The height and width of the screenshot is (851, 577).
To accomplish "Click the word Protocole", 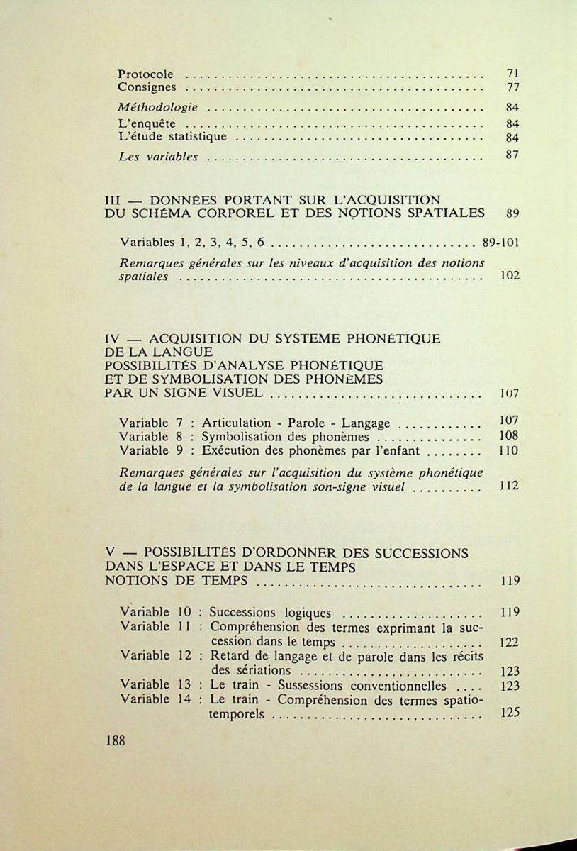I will point(145,74).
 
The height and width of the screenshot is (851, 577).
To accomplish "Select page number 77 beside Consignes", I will point(513,88).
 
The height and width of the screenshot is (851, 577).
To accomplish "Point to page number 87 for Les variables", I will point(513,156).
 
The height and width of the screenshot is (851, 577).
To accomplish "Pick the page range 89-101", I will point(500,242).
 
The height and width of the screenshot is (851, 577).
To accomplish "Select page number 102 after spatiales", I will point(509,276).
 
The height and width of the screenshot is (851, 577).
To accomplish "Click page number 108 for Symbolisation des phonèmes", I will point(509,435).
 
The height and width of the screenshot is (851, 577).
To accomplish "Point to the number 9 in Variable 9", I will point(180,450).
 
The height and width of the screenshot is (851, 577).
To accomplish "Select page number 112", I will point(509,486).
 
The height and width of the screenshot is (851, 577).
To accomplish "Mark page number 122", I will point(509,643).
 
